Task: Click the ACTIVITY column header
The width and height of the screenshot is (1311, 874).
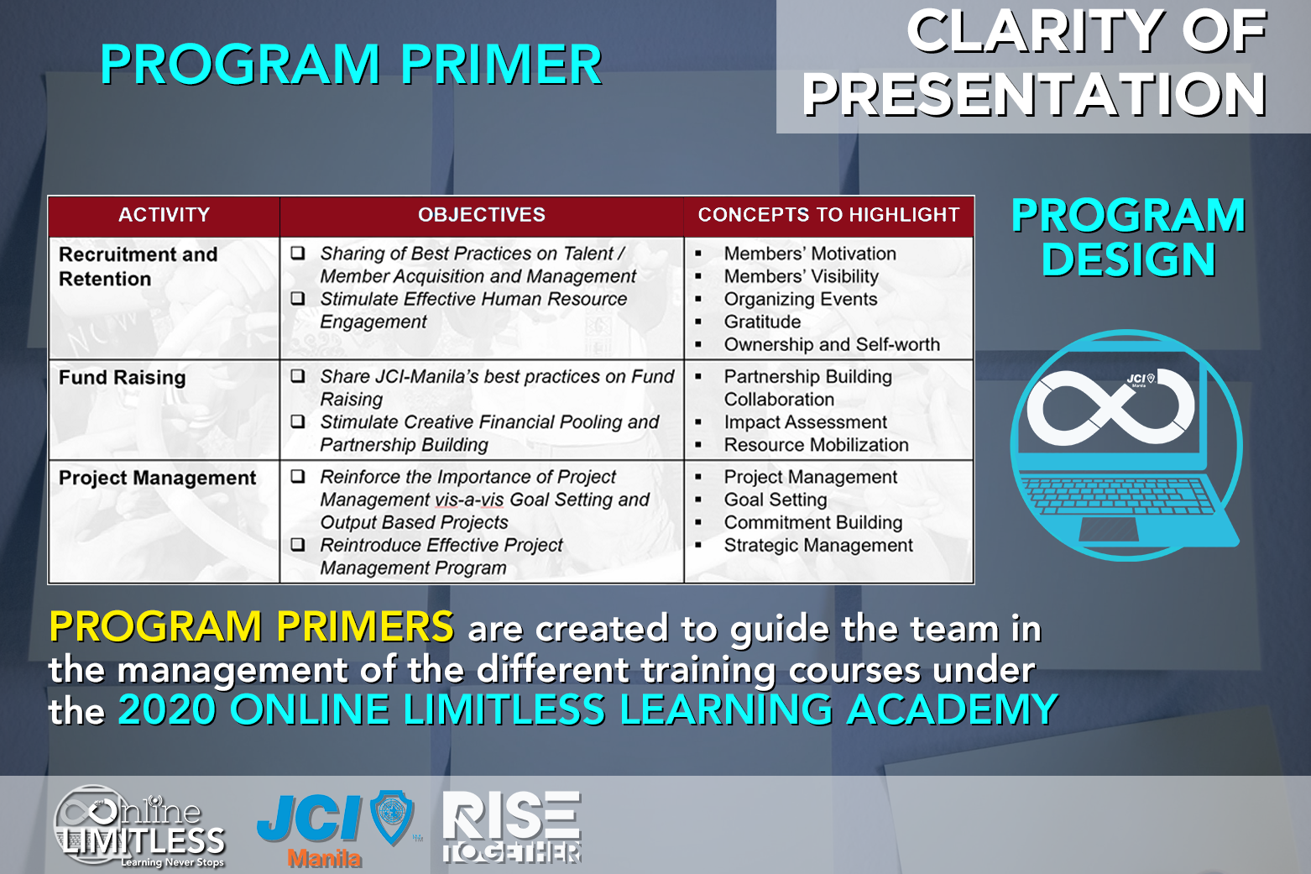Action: (x=164, y=215)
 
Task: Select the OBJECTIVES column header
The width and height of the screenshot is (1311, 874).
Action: (x=482, y=215)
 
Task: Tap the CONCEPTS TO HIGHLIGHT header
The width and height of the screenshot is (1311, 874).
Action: (x=828, y=215)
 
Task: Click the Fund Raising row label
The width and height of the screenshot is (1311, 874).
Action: (x=123, y=378)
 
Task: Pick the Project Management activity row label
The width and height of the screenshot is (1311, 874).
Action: (x=158, y=479)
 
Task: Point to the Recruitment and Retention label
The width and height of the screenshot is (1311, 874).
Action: (x=138, y=266)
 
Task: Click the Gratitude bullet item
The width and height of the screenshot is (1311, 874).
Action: (x=762, y=322)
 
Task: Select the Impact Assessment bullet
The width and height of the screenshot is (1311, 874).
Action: (x=806, y=422)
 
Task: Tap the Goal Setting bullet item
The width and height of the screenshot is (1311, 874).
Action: (x=776, y=500)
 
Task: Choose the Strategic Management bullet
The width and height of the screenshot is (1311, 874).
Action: (x=818, y=546)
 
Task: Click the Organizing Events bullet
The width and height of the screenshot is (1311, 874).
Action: (x=801, y=299)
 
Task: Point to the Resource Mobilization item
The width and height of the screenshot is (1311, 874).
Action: (x=817, y=445)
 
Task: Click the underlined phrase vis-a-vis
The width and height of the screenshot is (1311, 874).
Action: (x=469, y=500)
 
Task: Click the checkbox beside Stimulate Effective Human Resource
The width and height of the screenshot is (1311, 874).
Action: (x=298, y=299)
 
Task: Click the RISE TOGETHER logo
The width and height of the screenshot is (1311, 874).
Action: (x=511, y=827)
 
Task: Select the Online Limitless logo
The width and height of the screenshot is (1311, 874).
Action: (x=139, y=826)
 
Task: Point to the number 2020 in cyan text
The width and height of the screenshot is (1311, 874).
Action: (x=167, y=709)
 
